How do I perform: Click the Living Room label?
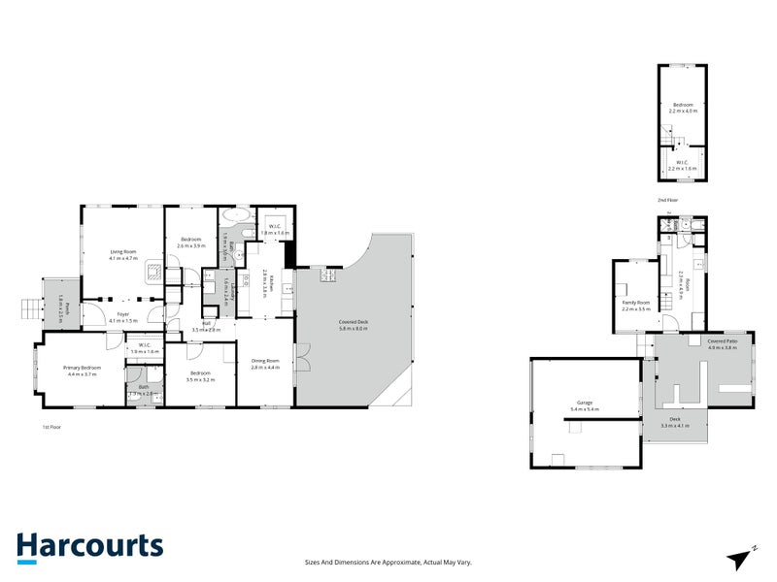coord(122,252)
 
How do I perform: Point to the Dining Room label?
coord(265,361)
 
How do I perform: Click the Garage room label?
coord(584,403)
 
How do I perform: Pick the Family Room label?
coord(636,303)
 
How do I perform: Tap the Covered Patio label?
coord(722,341)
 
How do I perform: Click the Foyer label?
coord(122,314)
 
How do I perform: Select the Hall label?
coord(207,324)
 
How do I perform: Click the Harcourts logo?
coord(89,546)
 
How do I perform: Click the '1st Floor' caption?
coord(51,427)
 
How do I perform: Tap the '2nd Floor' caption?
coord(668,200)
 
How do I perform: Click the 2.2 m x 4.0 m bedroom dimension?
coord(683,112)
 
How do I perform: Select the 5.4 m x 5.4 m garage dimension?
coord(584,410)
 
